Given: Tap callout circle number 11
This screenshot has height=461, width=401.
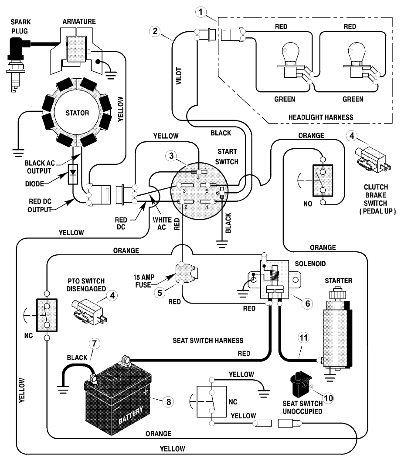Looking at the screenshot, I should [304, 337].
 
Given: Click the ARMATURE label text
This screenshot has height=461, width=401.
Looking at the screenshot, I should [79, 21].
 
